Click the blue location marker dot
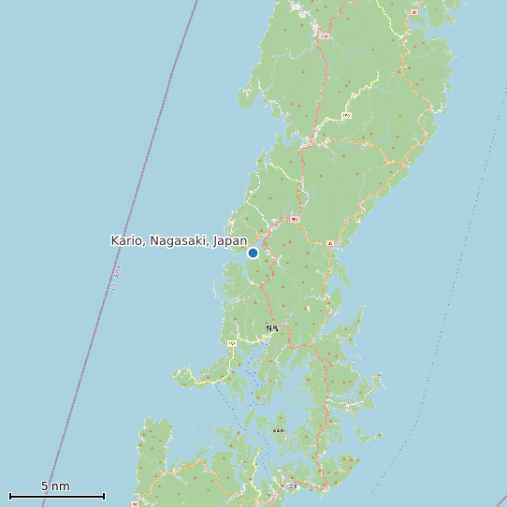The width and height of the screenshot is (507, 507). [x=253, y=253]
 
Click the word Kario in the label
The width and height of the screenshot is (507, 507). [x=126, y=240]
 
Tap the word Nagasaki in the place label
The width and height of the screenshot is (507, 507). [x=178, y=240]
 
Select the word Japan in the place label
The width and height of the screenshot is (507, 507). [x=230, y=240]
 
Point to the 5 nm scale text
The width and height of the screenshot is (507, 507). [x=55, y=486]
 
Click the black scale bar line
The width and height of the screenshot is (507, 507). [x=56, y=496]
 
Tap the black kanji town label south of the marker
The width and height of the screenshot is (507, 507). [x=272, y=328]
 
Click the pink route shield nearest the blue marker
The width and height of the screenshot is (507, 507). [x=295, y=219]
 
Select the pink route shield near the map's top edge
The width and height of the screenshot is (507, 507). [x=325, y=35]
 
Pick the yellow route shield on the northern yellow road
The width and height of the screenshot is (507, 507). [x=347, y=115]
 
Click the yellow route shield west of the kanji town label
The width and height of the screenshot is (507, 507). [x=231, y=343]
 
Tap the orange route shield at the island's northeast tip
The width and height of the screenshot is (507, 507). [x=413, y=12]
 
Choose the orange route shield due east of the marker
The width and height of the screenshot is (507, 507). [x=330, y=243]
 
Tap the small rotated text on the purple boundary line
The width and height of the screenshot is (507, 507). [x=115, y=278]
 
